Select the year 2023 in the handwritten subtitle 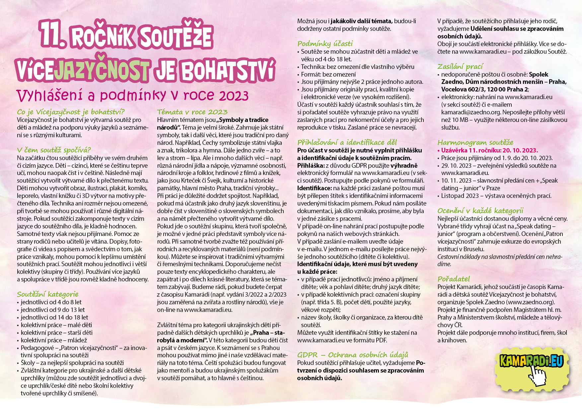(234, 96)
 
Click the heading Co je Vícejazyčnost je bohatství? (71, 112)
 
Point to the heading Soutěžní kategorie (48, 294)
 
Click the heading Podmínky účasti (325, 44)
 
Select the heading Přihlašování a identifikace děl (347, 143)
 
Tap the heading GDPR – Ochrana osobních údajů (353, 355)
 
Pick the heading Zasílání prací (460, 67)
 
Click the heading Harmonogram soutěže (475, 143)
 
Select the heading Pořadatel (454, 279)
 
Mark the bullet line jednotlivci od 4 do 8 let (51, 302)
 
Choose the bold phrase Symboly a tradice (244, 120)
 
